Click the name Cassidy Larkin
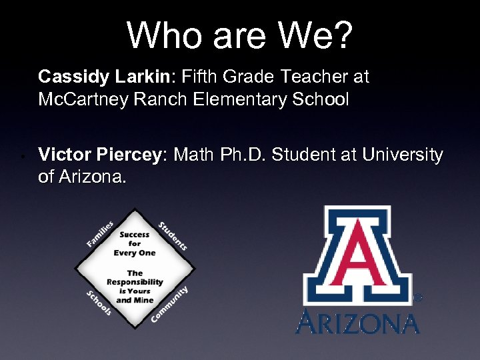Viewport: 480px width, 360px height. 105,77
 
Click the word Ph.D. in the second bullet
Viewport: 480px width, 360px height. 243,155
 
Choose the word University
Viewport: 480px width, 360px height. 403,155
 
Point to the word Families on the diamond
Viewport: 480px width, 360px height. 100,234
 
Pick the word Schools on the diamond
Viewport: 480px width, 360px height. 98,303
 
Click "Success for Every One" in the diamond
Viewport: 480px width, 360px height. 135,244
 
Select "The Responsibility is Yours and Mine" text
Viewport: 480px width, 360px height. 135,287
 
